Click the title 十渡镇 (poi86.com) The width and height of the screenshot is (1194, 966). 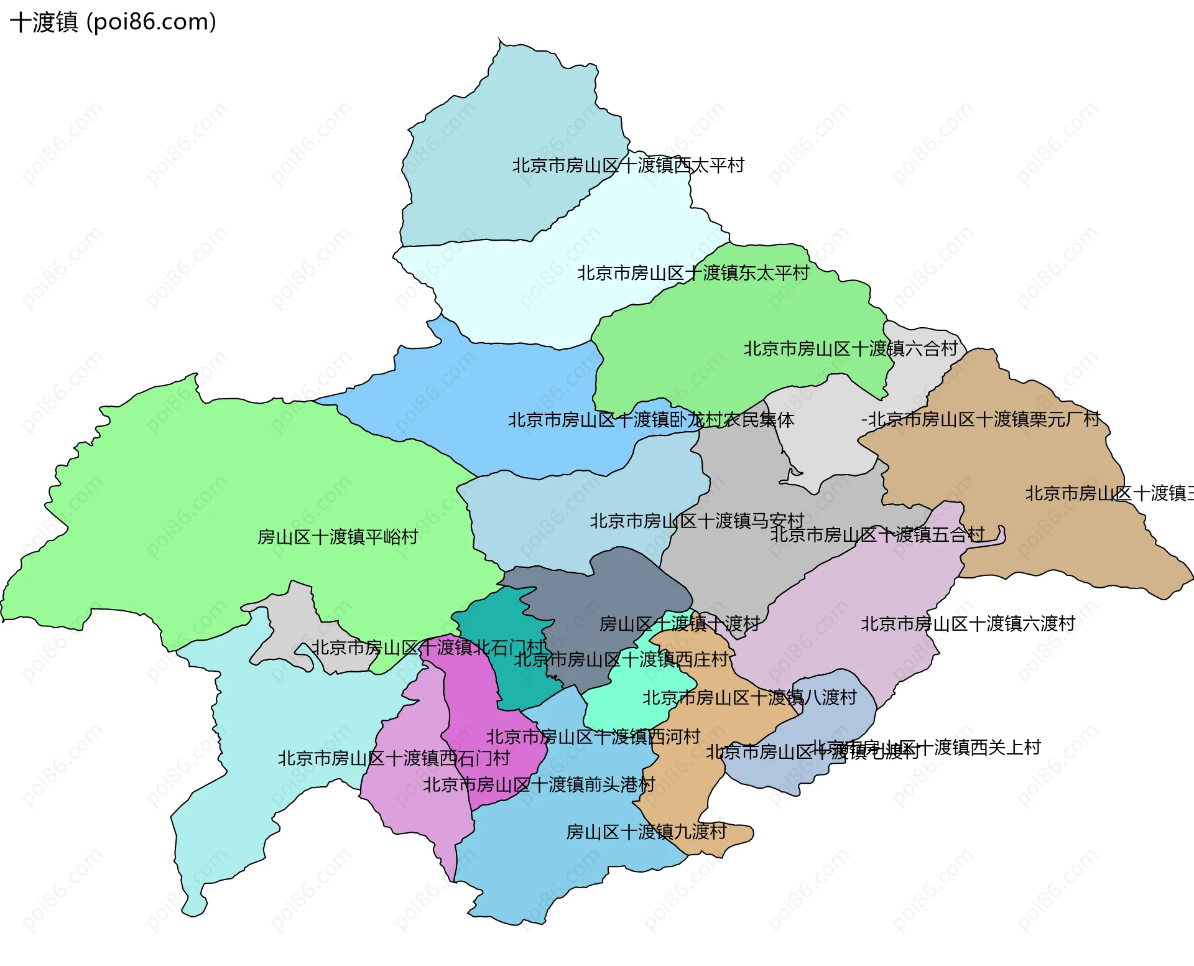pyautogui.click(x=113, y=22)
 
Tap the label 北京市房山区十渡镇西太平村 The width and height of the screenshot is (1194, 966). pyautogui.click(x=628, y=165)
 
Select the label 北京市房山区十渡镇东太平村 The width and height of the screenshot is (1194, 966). pyautogui.click(x=693, y=273)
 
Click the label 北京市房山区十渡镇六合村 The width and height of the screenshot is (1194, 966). pyautogui.click(x=850, y=349)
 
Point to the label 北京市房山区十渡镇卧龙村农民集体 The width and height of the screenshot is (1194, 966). pyautogui.click(x=650, y=420)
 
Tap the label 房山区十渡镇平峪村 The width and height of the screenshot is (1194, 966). pyautogui.click(x=338, y=537)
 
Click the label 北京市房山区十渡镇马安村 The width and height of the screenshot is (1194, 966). pyautogui.click(x=696, y=521)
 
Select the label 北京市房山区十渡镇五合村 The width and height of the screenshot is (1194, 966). pyautogui.click(x=877, y=535)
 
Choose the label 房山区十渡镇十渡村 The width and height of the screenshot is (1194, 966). pyautogui.click(x=679, y=624)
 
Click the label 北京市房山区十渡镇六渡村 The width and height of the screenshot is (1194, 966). pyautogui.click(x=968, y=624)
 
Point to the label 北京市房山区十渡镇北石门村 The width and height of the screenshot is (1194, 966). pyautogui.click(x=428, y=648)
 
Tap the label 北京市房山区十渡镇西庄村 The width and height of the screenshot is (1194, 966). pyautogui.click(x=621, y=660)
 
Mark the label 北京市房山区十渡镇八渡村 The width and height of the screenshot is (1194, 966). pyautogui.click(x=749, y=698)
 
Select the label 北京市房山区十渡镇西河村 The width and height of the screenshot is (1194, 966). pyautogui.click(x=593, y=737)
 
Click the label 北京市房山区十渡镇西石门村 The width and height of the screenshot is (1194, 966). pyautogui.click(x=393, y=759)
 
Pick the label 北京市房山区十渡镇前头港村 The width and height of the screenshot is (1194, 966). pyautogui.click(x=539, y=785)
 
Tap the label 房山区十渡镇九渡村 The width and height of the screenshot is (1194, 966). pyautogui.click(x=646, y=832)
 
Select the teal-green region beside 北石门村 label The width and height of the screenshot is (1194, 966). pyautogui.click(x=497, y=622)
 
